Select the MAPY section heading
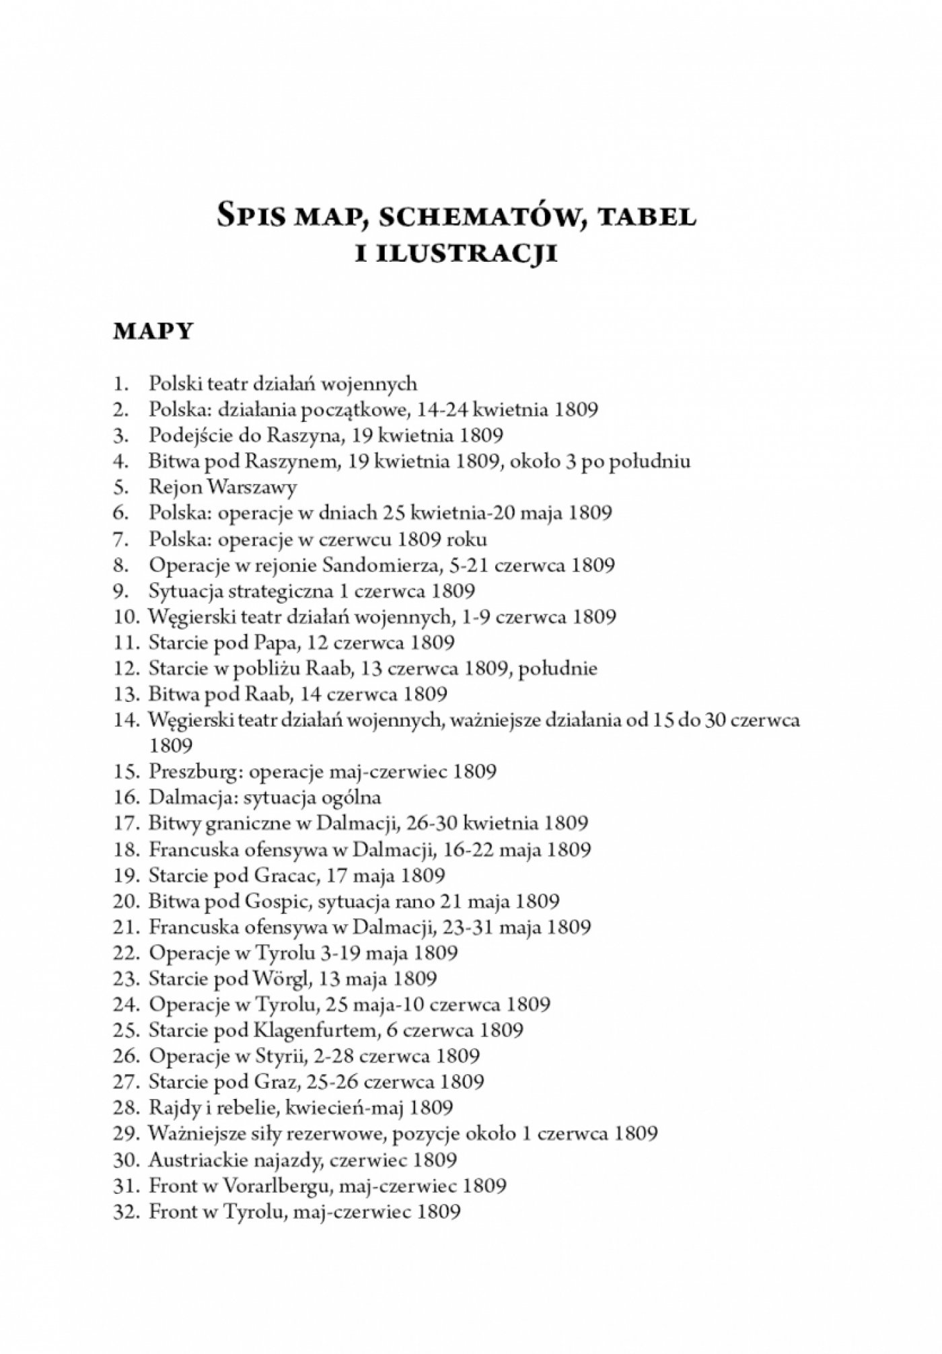153,332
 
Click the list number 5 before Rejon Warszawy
120,487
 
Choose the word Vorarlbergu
273,1186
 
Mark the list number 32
126,1212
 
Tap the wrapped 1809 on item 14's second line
171,746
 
